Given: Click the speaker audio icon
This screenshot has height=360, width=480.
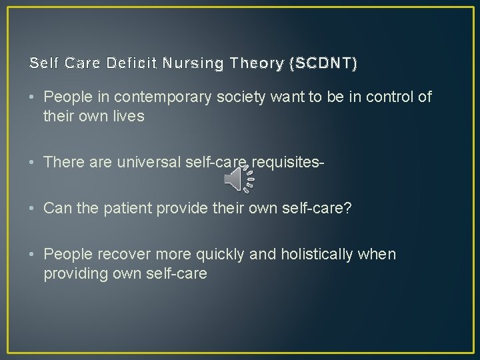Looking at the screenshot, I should pyautogui.click(x=239, y=178).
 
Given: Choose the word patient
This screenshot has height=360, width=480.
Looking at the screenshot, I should pyautogui.click(x=123, y=207).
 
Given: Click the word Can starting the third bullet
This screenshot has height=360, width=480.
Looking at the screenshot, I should pyautogui.click(x=57, y=207).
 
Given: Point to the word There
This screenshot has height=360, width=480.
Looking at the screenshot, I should pyautogui.click(x=62, y=161).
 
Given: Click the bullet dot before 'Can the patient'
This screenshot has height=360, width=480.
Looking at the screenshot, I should pyautogui.click(x=33, y=208).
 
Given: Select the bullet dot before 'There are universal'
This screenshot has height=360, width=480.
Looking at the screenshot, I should pyautogui.click(x=33, y=161).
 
